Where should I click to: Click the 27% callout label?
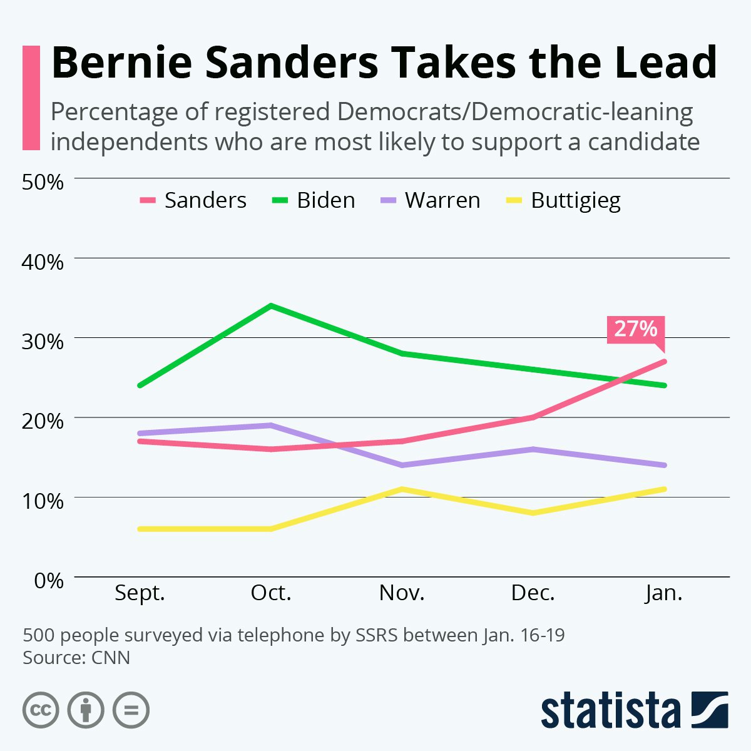click(x=635, y=329)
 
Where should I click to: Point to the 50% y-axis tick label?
click(x=43, y=182)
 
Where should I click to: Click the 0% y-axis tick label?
click(x=49, y=580)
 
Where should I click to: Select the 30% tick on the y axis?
click(x=43, y=342)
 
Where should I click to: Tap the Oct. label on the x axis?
click(x=271, y=593)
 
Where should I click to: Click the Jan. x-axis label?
click(x=664, y=593)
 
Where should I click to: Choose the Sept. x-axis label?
click(x=140, y=593)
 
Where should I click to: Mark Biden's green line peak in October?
click(x=271, y=306)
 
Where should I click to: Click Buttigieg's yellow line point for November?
click(x=402, y=489)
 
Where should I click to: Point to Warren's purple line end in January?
click(x=664, y=465)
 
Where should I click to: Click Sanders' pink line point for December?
click(x=533, y=417)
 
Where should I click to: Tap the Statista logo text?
click(x=610, y=711)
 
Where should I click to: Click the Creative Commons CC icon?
click(x=41, y=710)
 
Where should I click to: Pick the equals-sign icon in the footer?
click(x=131, y=710)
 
